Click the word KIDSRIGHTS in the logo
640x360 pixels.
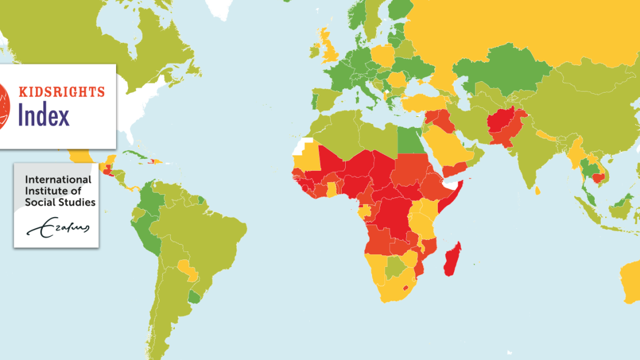coord(62,91)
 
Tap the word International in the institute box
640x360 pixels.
coord(57,179)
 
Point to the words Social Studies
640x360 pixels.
coord(60,202)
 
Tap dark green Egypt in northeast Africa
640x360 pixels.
coord(409,139)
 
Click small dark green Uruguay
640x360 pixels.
coord(195,298)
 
